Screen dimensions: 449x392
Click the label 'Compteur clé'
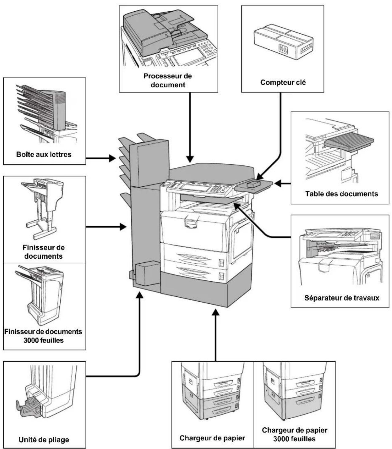tap(283, 82)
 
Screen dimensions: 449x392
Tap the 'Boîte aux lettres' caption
tap(44, 154)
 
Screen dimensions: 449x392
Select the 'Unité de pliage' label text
tap(44, 440)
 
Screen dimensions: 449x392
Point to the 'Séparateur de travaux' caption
tap(342, 298)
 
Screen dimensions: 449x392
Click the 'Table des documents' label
tap(341, 194)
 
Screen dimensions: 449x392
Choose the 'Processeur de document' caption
tap(168, 80)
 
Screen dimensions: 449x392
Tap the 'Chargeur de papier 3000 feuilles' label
tap(295, 434)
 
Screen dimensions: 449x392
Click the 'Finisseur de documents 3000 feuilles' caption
tap(43, 336)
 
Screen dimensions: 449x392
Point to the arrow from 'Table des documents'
tap(282, 184)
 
